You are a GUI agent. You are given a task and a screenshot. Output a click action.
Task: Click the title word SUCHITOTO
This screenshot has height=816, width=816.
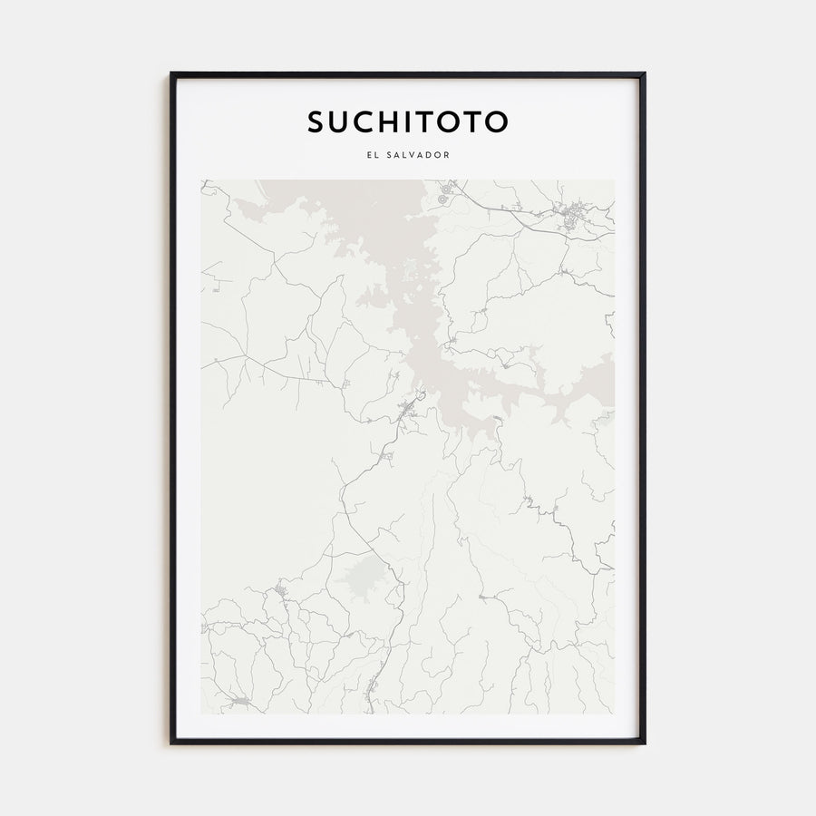(x=408, y=121)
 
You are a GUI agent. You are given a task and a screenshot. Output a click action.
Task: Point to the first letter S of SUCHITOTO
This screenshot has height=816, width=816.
(x=314, y=121)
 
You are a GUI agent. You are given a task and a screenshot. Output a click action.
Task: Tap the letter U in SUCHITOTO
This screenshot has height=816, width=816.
(x=337, y=121)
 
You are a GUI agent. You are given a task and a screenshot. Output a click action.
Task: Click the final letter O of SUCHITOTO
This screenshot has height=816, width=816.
(x=497, y=121)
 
